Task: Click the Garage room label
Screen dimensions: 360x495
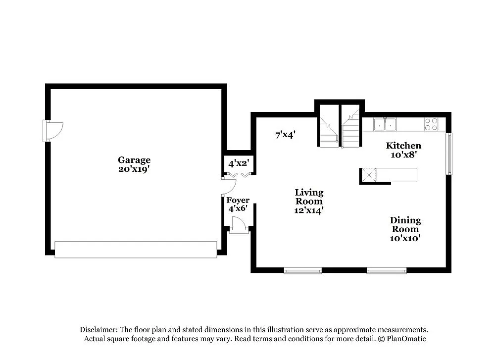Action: (x=134, y=160)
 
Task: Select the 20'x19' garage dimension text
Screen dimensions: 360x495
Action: (x=134, y=169)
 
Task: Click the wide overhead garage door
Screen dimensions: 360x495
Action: (x=136, y=249)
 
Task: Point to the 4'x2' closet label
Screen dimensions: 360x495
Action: (x=238, y=162)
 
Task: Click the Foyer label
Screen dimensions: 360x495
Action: (x=238, y=200)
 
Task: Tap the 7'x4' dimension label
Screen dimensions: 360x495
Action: (x=286, y=134)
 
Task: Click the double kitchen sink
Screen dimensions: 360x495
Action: (x=385, y=124)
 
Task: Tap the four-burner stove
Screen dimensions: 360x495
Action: (x=431, y=124)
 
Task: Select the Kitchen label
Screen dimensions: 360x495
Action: (x=403, y=146)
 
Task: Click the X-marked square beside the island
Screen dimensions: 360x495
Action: (x=368, y=175)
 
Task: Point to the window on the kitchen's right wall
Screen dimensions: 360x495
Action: (x=449, y=154)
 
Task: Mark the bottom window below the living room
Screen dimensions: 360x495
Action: (x=302, y=270)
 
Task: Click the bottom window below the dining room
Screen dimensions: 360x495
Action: (x=386, y=270)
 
